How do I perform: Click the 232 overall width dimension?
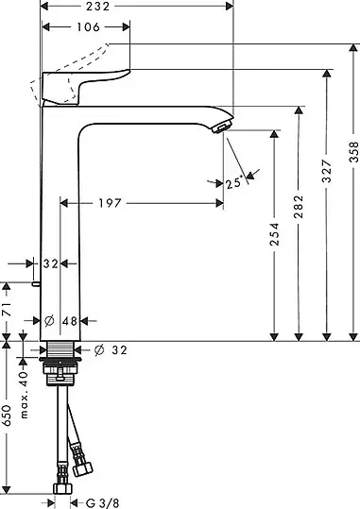pyautogui.click(x=98, y=7)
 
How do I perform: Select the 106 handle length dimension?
pyautogui.click(x=88, y=27)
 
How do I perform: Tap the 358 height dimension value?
pyautogui.click(x=353, y=152)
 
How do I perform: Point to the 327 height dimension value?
pyautogui.click(x=327, y=171)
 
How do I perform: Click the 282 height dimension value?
pyautogui.click(x=299, y=207)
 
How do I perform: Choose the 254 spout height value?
pyautogui.click(x=275, y=234)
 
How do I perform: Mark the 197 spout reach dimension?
pyautogui.click(x=111, y=203)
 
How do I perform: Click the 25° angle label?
pyautogui.click(x=234, y=183)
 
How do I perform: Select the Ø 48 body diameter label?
pyautogui.click(x=60, y=321)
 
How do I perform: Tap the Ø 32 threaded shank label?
pyautogui.click(x=111, y=350)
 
